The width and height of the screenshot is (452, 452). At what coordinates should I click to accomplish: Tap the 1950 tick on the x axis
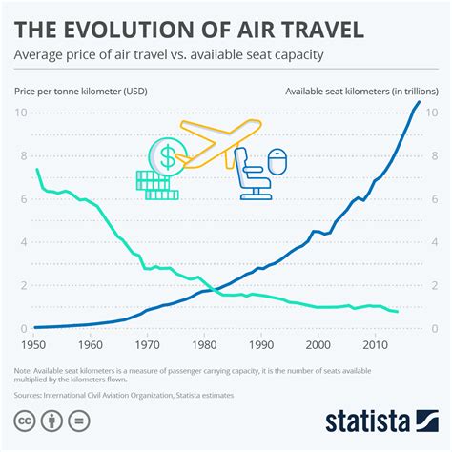(34, 345)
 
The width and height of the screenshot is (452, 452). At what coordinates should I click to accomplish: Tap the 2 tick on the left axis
(21, 285)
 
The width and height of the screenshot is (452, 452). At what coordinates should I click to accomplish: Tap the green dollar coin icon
(166, 154)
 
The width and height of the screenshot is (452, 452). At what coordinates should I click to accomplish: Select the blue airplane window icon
(277, 163)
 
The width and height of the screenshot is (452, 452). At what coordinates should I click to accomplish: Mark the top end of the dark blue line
(419, 102)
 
